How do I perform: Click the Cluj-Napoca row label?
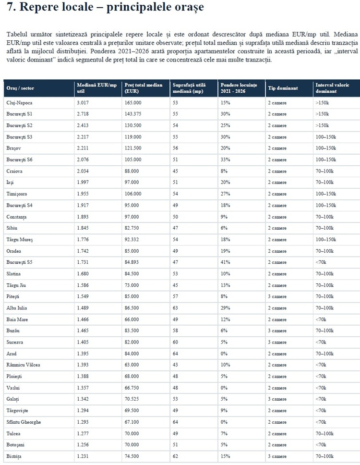pyautogui.click(x=19, y=103)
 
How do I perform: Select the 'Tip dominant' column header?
pyautogui.click(x=283, y=88)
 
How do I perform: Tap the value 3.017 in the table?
pyautogui.click(x=83, y=103)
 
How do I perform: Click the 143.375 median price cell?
pyautogui.click(x=133, y=114)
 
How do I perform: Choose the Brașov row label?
pyautogui.click(x=13, y=148)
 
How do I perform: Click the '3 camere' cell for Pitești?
pyautogui.click(x=277, y=296)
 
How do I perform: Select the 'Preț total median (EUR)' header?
pyautogui.click(x=144, y=88)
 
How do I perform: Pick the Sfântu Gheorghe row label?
pyautogui.click(x=24, y=422)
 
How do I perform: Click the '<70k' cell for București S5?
pyautogui.click(x=321, y=262)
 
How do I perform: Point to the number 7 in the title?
pyautogui.click(x=9, y=7)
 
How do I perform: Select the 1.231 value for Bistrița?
pyautogui.click(x=83, y=456)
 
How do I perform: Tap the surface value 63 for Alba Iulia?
pyautogui.click(x=175, y=308)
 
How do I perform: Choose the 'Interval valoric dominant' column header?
pyautogui.click(x=333, y=88)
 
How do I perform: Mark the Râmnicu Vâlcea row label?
pyautogui.click(x=23, y=365)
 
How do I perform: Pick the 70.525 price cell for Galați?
pyautogui.click(x=132, y=399)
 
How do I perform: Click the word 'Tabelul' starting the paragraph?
pyautogui.click(x=17, y=34)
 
